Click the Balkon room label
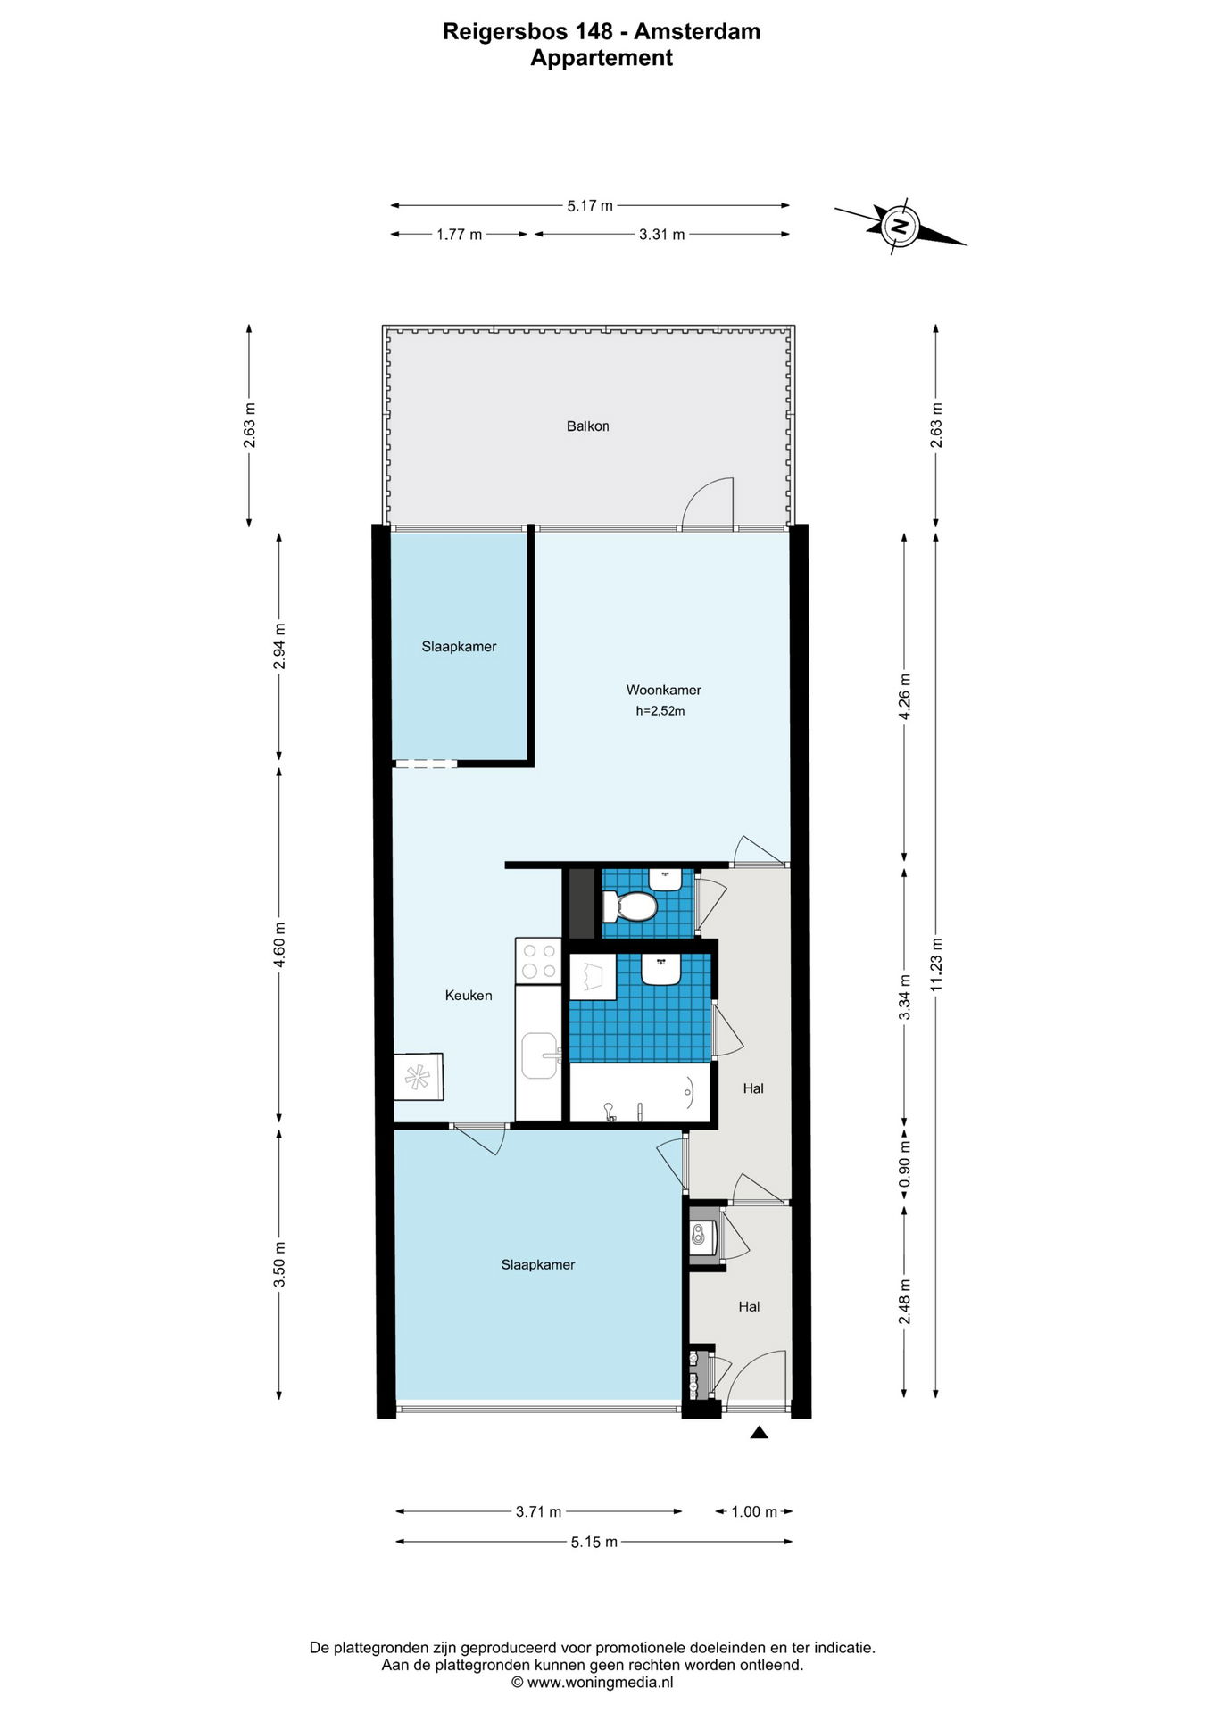pyautogui.click(x=587, y=426)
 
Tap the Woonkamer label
pyautogui.click(x=663, y=690)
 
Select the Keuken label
pyautogui.click(x=469, y=996)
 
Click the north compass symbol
pyautogui.click(x=900, y=226)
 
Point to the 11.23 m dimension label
pyautogui.click(x=936, y=964)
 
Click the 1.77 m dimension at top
pyautogui.click(x=459, y=235)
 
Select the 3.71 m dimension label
pyautogui.click(x=538, y=1511)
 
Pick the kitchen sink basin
pyautogui.click(x=539, y=1055)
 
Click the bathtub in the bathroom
pyautogui.click(x=641, y=1092)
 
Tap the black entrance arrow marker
pyautogui.click(x=759, y=1433)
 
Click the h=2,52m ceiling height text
pyautogui.click(x=660, y=711)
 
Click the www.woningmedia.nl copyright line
pyautogui.click(x=593, y=1683)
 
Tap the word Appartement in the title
pyautogui.click(x=602, y=58)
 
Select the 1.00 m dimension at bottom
pyautogui.click(x=754, y=1511)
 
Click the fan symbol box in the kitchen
pyautogui.click(x=419, y=1077)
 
